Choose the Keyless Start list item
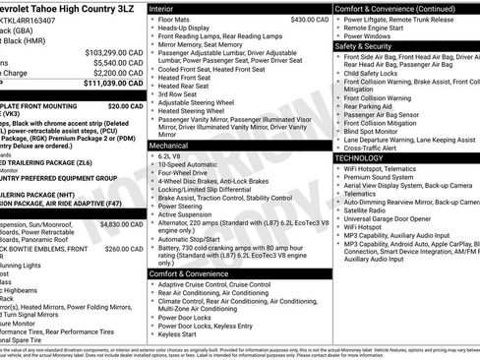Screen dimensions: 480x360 tap(177, 333)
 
